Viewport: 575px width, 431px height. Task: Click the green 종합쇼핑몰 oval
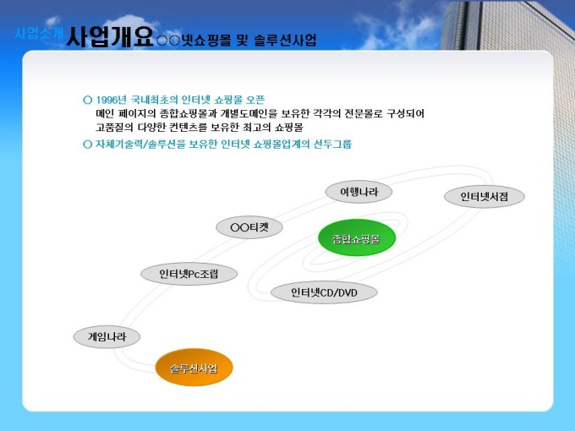point(357,237)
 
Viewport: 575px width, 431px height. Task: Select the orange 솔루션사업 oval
point(194,368)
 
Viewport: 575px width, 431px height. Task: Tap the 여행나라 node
point(359,192)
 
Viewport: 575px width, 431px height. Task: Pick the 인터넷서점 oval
point(485,196)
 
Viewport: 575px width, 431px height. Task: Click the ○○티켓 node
point(249,227)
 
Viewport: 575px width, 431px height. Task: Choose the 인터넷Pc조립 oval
point(189,274)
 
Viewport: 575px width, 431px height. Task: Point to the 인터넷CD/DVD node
point(324,292)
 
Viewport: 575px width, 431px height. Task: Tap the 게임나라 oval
point(107,337)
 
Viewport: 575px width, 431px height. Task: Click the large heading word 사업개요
point(110,36)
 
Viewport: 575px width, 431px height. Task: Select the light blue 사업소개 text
point(39,33)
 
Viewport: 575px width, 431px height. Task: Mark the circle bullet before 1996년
point(87,100)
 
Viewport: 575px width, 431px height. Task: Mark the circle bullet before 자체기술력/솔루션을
point(87,144)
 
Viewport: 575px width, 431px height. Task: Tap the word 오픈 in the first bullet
point(255,100)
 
